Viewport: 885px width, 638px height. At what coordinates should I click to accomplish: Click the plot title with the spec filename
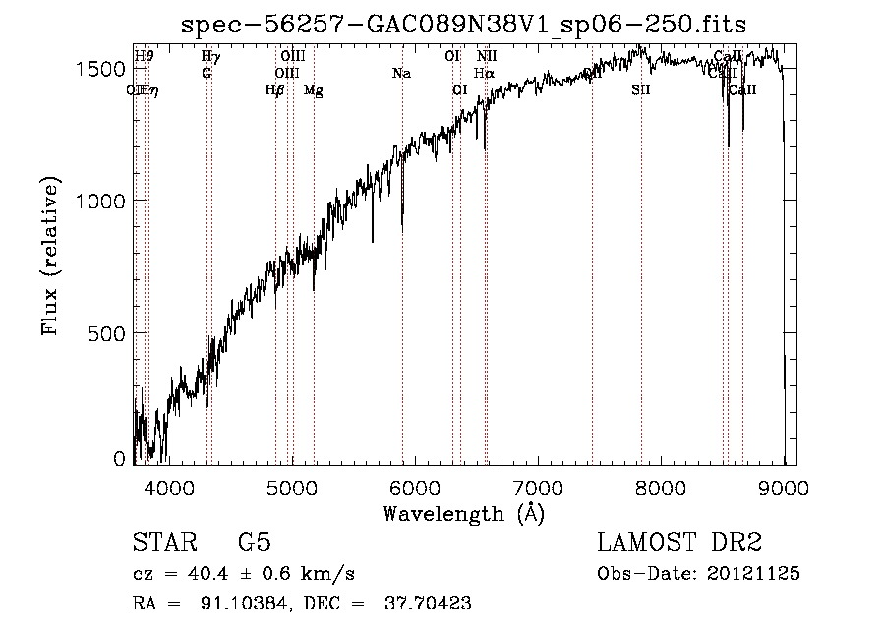click(464, 25)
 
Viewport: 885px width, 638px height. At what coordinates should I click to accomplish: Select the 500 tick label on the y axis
click(110, 333)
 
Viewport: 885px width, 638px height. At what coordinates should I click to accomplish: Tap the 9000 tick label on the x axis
click(784, 487)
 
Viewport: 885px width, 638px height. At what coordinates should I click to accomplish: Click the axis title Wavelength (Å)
click(463, 513)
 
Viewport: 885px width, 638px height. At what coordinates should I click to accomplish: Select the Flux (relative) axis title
click(50, 255)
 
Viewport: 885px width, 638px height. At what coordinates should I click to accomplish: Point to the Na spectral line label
click(401, 74)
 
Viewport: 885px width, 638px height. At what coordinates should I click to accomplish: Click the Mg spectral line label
click(314, 90)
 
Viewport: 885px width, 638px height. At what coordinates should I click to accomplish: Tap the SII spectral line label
click(641, 90)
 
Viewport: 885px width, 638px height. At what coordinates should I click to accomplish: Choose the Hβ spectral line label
click(275, 90)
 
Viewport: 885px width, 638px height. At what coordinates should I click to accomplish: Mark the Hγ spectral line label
click(209, 57)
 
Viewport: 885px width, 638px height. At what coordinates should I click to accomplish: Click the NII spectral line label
click(487, 57)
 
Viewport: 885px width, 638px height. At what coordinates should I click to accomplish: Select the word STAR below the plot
click(163, 543)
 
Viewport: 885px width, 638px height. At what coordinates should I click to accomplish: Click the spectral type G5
click(254, 543)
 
